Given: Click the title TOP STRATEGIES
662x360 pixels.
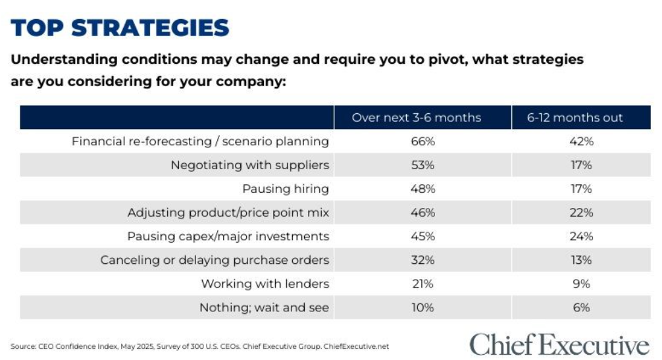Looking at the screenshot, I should click(120, 28).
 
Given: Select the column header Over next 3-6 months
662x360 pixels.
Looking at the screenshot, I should click(417, 118).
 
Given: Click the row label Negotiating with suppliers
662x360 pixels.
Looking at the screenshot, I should click(249, 165).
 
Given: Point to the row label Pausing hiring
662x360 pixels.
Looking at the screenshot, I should click(286, 189).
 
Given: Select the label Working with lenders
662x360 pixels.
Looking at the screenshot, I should click(265, 284).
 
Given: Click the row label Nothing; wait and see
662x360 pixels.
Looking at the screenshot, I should click(264, 307).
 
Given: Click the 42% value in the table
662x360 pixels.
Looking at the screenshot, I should click(581, 141).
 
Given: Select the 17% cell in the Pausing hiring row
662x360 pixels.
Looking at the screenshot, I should click(581, 189).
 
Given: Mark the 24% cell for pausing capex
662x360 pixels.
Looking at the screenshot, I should click(581, 236).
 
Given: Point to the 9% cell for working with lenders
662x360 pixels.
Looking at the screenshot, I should click(581, 284).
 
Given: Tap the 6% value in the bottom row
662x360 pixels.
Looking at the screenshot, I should click(581, 307).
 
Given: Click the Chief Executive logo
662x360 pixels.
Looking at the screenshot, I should click(559, 344).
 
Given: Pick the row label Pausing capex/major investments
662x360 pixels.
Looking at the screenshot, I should click(228, 236).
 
